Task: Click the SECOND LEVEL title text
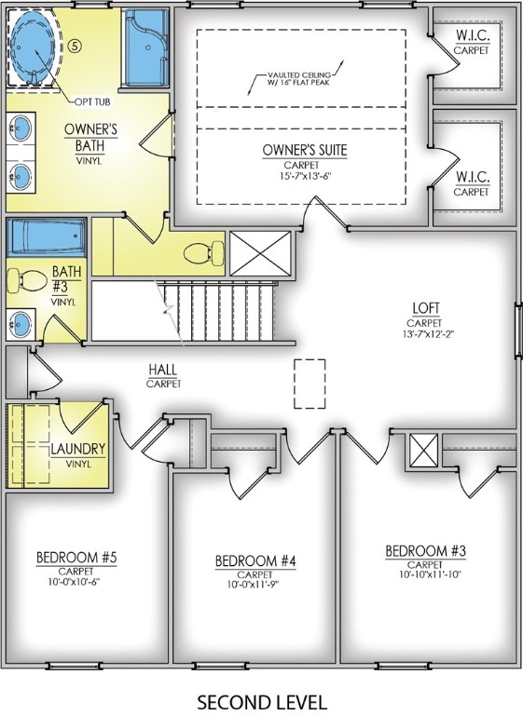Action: [x=262, y=700]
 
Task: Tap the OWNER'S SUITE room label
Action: [x=305, y=150]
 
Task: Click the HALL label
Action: [x=163, y=370]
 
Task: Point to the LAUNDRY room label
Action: [x=78, y=449]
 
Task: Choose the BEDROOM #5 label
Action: [x=76, y=558]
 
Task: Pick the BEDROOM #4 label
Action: [x=255, y=560]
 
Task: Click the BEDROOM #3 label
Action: [x=425, y=552]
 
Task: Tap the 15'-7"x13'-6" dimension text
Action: [x=305, y=175]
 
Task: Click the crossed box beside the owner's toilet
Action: [x=261, y=252]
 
